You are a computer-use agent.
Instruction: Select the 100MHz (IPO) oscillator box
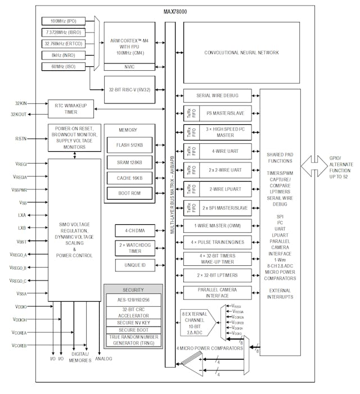click(x=64, y=21)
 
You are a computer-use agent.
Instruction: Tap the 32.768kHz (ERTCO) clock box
click(x=64, y=44)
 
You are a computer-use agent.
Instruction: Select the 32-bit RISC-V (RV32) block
click(x=129, y=89)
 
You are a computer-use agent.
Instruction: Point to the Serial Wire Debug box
click(x=217, y=96)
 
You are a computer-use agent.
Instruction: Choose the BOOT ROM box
click(x=129, y=193)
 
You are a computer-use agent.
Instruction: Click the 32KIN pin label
click(x=21, y=103)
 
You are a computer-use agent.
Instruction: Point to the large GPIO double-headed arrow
click(x=319, y=165)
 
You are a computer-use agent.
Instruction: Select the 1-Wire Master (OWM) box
click(x=217, y=227)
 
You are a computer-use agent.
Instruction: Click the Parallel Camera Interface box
click(x=217, y=292)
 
